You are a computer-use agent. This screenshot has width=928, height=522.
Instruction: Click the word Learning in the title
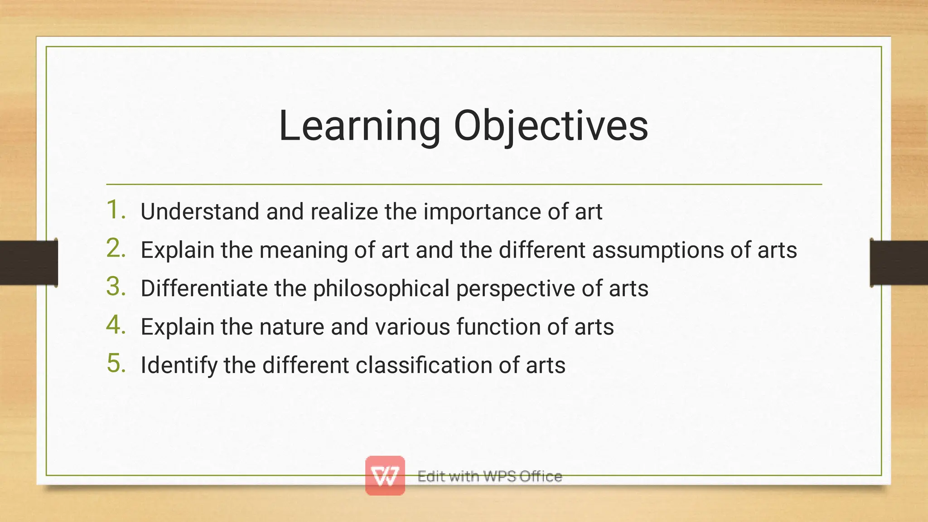click(359, 126)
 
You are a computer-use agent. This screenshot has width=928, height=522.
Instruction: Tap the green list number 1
click(116, 210)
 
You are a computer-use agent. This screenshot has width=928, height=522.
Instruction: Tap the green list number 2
click(116, 249)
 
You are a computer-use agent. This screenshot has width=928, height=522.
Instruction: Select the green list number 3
click(116, 287)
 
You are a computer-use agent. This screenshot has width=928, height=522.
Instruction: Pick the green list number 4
click(116, 326)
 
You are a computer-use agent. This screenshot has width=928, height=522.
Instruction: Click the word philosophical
click(381, 289)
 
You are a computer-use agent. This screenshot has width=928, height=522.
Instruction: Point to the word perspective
click(516, 289)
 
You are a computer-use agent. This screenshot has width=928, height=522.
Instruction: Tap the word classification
click(424, 365)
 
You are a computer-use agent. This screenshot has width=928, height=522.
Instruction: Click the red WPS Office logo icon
click(385, 475)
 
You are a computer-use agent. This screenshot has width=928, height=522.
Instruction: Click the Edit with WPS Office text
click(489, 476)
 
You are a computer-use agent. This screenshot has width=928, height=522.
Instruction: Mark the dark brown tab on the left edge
click(28, 263)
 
